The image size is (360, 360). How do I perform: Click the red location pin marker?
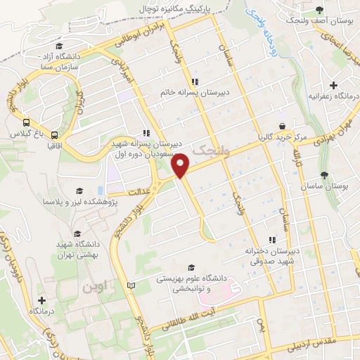[181, 165]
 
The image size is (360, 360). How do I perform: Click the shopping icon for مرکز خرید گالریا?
[282, 127]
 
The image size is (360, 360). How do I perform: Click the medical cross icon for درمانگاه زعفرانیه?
[334, 85]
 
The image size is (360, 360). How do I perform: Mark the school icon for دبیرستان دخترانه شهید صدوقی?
[271, 240]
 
